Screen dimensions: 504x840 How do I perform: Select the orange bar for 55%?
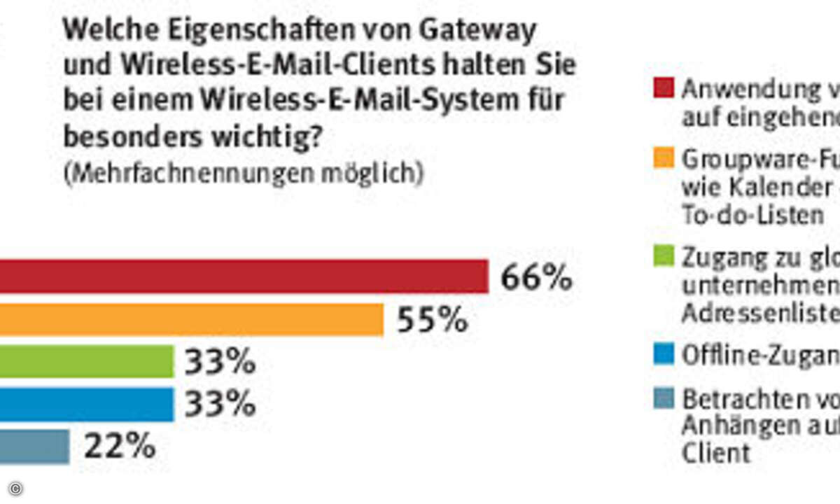192,319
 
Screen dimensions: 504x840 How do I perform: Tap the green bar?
87,362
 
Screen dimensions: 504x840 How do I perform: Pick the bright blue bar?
87,405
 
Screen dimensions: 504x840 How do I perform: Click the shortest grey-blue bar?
35,447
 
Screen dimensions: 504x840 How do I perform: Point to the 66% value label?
536,278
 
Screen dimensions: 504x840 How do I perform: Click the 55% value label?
432,321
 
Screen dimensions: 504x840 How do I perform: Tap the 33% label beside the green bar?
219,363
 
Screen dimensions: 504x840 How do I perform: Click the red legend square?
666,88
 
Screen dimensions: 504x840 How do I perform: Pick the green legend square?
666,258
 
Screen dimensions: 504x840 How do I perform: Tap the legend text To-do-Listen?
752,216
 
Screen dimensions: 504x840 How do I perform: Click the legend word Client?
716,453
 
